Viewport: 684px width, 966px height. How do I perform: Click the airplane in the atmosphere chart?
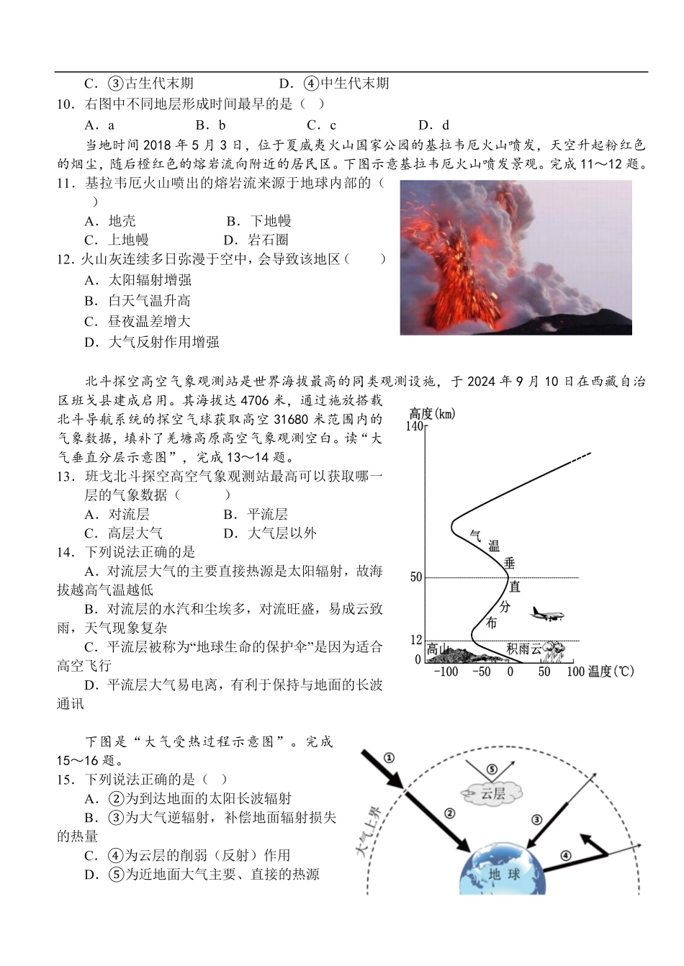547,614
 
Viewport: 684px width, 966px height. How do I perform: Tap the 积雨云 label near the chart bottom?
523,649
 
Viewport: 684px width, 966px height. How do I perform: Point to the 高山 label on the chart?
438,649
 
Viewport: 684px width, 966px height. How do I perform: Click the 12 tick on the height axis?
416,640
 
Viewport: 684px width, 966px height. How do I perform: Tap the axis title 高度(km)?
432,413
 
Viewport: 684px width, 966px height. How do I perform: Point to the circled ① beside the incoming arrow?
389,757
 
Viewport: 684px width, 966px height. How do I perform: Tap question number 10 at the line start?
66,104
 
